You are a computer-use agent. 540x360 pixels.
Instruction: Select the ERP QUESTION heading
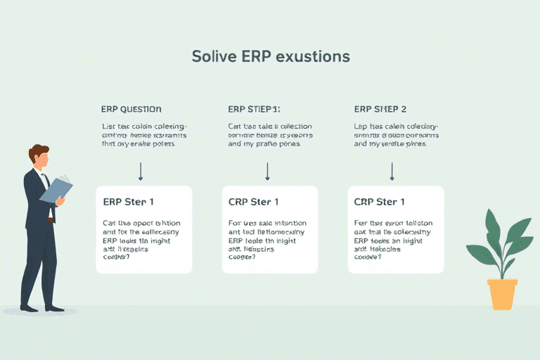click(x=131, y=109)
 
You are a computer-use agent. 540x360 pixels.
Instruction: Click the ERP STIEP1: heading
click(x=254, y=109)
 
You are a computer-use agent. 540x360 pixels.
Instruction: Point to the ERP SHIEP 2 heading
click(x=380, y=109)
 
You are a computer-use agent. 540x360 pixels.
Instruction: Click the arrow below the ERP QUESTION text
click(x=141, y=171)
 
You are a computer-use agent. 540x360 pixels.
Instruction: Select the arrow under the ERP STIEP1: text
click(x=267, y=171)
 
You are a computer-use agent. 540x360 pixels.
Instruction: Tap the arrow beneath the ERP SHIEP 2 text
click(x=392, y=171)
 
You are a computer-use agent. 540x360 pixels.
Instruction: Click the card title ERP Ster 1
click(x=128, y=202)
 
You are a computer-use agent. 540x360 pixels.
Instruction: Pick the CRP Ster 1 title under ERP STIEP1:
click(x=254, y=202)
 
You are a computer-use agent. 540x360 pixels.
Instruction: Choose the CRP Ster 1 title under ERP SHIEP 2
click(x=380, y=202)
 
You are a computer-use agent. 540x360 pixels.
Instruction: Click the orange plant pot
click(x=502, y=294)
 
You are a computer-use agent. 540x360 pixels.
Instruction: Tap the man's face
click(x=43, y=160)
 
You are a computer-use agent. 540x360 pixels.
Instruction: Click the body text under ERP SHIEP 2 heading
click(x=397, y=135)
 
